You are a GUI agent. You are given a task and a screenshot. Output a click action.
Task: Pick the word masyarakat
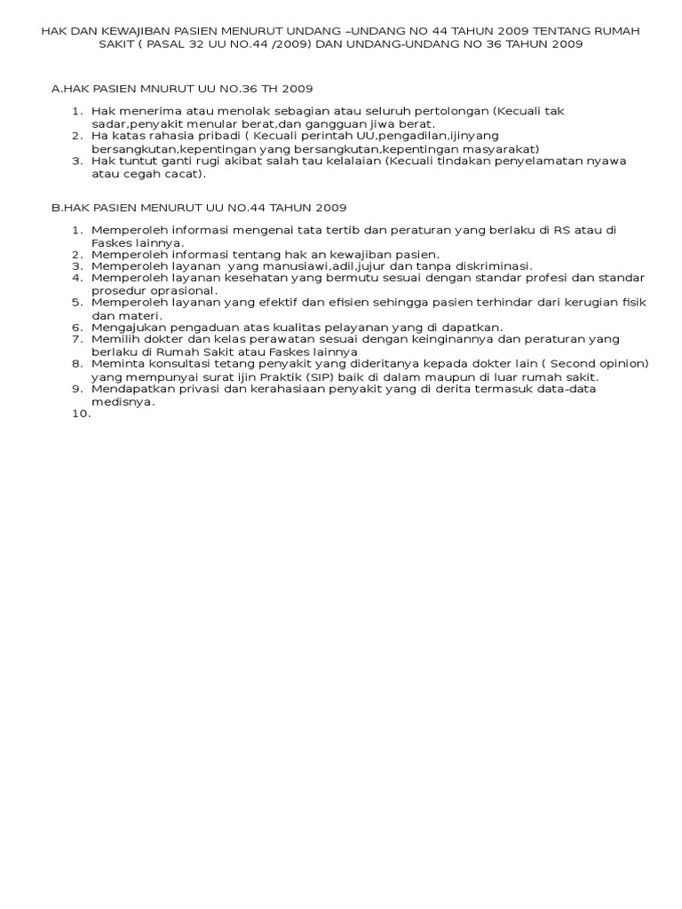pos(505,148)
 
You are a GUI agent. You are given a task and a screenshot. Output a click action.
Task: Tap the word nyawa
pos(608,161)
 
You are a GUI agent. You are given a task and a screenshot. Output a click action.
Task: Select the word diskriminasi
pos(494,265)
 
